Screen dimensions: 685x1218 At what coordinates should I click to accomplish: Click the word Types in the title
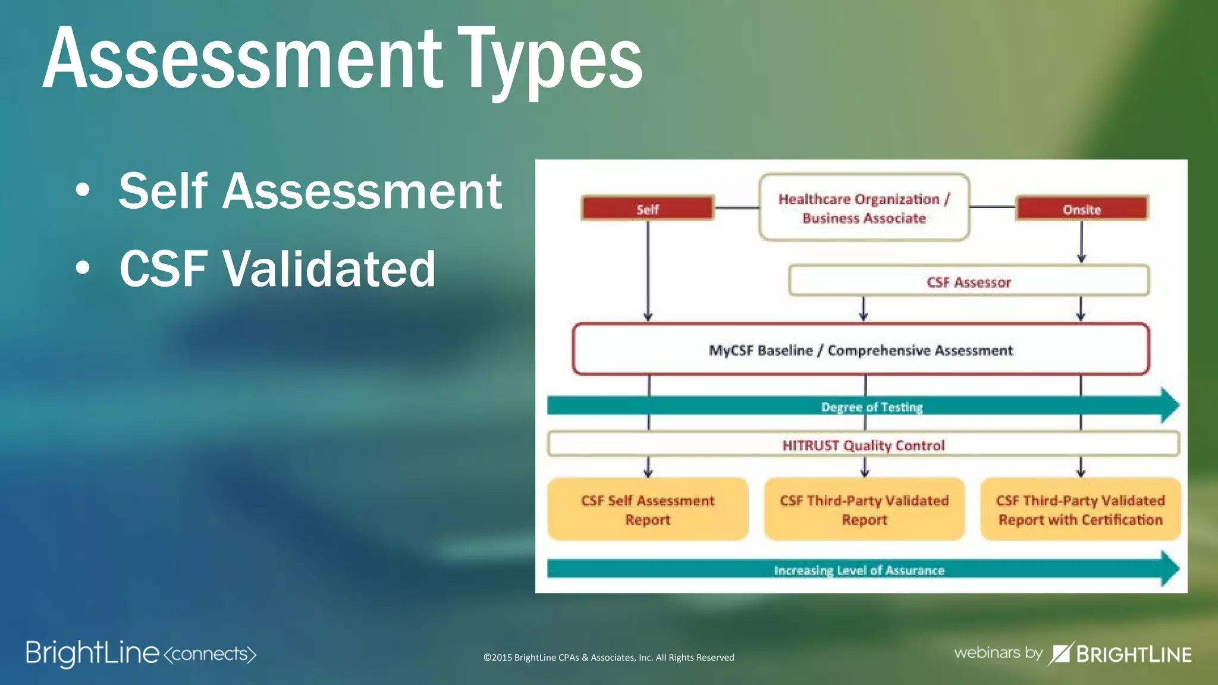click(552, 59)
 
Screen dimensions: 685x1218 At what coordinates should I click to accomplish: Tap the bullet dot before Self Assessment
click(83, 191)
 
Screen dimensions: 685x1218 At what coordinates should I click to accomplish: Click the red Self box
click(648, 209)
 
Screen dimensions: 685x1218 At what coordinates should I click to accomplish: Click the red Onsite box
click(1082, 209)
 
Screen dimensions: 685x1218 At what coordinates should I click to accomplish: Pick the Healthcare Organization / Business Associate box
click(864, 208)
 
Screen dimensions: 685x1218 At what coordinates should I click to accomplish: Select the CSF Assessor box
click(969, 281)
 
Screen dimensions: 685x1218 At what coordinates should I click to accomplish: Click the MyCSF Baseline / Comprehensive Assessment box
click(861, 350)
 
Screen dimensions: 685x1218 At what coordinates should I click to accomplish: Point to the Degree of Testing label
click(872, 407)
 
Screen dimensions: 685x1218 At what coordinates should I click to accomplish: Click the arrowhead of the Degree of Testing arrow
click(1169, 406)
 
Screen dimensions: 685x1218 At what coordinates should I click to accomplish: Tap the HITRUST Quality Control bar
click(863, 445)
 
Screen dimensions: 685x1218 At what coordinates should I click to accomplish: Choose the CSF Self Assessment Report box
click(648, 510)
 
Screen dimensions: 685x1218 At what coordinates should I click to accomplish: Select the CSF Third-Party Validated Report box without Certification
click(864, 510)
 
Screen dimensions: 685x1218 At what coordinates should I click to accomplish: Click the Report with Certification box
click(1081, 510)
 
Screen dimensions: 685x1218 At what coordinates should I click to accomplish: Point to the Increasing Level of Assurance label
click(859, 570)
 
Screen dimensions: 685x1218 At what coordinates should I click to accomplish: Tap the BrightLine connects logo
click(141, 653)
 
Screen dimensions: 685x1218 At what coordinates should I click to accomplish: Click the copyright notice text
click(608, 657)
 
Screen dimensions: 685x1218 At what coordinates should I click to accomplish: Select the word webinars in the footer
click(987, 653)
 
